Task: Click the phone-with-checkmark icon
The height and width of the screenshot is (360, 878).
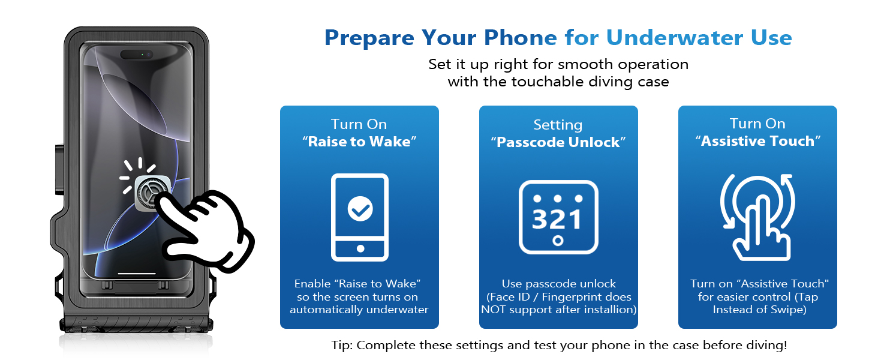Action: pyautogui.click(x=360, y=217)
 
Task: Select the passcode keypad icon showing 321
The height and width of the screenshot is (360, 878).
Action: pyautogui.click(x=558, y=217)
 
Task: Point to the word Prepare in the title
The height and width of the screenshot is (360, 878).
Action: pyautogui.click(x=369, y=37)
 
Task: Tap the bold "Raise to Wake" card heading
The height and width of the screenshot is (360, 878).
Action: pyautogui.click(x=359, y=142)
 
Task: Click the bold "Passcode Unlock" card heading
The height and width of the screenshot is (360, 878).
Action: pyautogui.click(x=558, y=142)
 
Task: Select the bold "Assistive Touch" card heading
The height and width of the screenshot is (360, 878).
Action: pyautogui.click(x=757, y=141)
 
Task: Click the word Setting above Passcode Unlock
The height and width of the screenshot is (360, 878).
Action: pyautogui.click(x=558, y=125)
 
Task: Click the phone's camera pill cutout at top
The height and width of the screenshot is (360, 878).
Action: pyautogui.click(x=137, y=55)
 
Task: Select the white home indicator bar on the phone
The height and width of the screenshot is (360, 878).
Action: pyautogui.click(x=137, y=274)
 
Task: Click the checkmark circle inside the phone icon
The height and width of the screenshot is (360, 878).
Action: pyautogui.click(x=360, y=209)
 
